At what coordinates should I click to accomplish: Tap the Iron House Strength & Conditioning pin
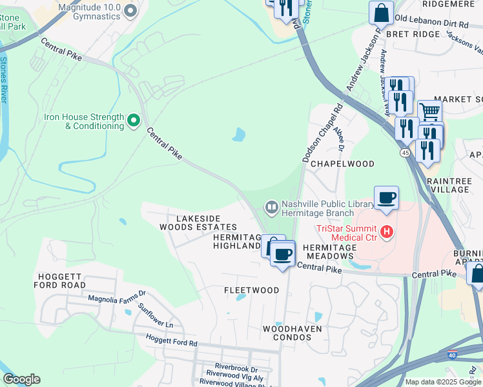pos(134,120)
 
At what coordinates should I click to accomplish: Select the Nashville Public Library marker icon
pos(271,207)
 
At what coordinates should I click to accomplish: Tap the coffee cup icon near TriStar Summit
pos(386,198)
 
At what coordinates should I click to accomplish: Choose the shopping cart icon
pos(429,112)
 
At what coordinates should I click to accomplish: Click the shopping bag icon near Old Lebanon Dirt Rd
pos(381,12)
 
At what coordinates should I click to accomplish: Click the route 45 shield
pos(405,152)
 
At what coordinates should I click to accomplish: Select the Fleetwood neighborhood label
pos(251,290)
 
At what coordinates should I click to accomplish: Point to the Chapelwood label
pos(342,164)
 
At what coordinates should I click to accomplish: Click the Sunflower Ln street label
pos(155,316)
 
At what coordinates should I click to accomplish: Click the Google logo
pos(21,379)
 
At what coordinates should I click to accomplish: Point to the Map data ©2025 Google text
pos(442,382)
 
